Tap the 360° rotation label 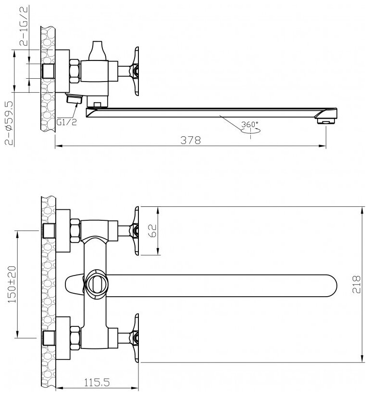(250, 124)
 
